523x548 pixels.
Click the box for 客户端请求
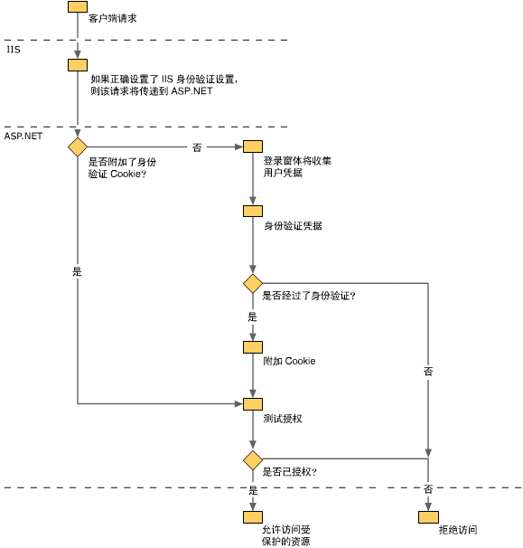(x=78, y=6)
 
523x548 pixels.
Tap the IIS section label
(x=14, y=50)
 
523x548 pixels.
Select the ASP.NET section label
(x=23, y=136)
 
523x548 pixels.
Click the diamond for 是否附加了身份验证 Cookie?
(x=78, y=146)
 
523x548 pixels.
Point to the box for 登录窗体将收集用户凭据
(x=253, y=146)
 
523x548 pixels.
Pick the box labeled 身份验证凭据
(x=253, y=211)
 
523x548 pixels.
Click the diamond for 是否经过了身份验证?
(x=253, y=283)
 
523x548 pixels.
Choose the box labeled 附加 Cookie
(x=253, y=347)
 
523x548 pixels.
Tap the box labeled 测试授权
(x=253, y=404)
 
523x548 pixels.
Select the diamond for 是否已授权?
(x=253, y=460)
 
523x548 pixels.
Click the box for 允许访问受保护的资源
(x=253, y=517)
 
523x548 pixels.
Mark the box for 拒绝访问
(x=428, y=517)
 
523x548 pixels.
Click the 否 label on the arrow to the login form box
(x=197, y=147)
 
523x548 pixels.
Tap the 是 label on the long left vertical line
(x=77, y=271)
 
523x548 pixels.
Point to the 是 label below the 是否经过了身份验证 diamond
(x=252, y=317)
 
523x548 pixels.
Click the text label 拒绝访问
(x=458, y=530)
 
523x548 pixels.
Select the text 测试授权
(x=283, y=418)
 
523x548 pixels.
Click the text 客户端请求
(x=112, y=18)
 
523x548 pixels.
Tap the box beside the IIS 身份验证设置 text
(x=78, y=65)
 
